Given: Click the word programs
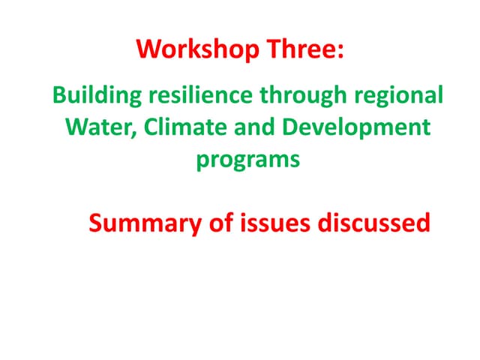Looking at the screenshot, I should coord(247,160).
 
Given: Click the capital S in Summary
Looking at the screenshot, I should coord(95,223).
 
